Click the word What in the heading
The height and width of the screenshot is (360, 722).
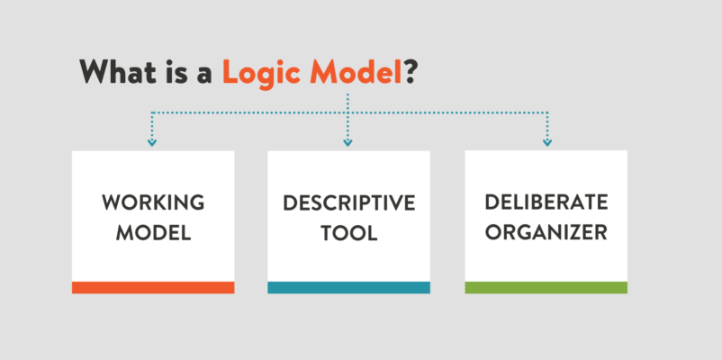click(x=118, y=71)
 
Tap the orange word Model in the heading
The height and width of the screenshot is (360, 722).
click(x=356, y=71)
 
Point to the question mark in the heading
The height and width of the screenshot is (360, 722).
click(x=411, y=71)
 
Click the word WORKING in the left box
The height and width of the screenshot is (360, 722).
click(x=153, y=202)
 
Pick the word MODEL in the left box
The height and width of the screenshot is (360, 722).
click(x=153, y=233)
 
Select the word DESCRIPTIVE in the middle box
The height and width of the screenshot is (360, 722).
click(x=349, y=203)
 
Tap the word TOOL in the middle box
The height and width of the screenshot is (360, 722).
click(x=349, y=233)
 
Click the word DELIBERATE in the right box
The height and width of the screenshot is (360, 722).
click(x=546, y=202)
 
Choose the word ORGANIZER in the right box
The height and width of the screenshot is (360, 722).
click(x=546, y=232)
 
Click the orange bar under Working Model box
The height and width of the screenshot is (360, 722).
click(x=153, y=287)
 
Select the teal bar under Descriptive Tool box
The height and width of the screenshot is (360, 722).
click(x=348, y=287)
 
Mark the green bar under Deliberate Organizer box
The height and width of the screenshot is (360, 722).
click(x=546, y=287)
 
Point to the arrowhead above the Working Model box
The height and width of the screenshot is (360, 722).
click(x=152, y=143)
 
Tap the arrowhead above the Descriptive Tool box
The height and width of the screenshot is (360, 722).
click(x=347, y=143)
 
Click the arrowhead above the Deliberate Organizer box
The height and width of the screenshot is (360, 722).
click(x=547, y=143)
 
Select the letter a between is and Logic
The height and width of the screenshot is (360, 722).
click(x=203, y=76)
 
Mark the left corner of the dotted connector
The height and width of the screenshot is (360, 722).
click(x=152, y=112)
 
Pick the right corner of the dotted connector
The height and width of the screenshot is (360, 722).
click(x=547, y=112)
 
